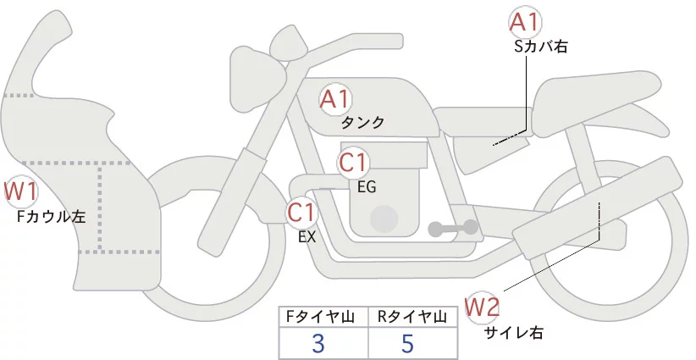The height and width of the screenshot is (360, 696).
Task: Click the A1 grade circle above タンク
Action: tap(335, 100)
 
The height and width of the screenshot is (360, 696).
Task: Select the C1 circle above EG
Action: tap(354, 162)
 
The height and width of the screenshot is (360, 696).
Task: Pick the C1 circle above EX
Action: tap(302, 212)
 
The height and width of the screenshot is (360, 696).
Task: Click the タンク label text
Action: tap(362, 123)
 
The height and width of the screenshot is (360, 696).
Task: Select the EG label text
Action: tap(367, 186)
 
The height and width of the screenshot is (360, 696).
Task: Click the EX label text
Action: tap(307, 237)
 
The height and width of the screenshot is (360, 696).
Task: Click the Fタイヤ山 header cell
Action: tap(323, 317)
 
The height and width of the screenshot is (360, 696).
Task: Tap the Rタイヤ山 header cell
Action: tap(413, 317)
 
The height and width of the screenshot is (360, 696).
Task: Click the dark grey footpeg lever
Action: tap(454, 227)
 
